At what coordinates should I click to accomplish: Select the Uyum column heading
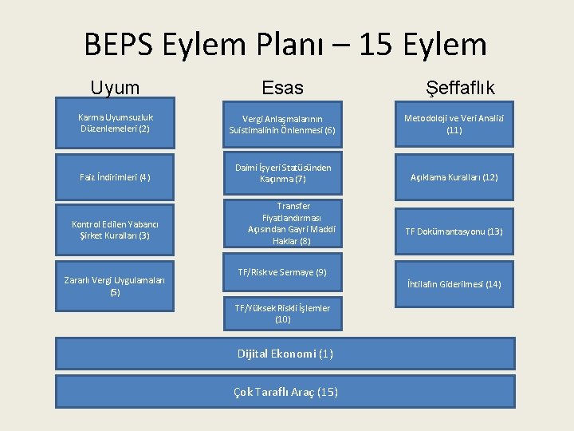[115, 88]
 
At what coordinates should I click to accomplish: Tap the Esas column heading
[283, 88]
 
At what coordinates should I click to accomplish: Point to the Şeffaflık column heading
[461, 88]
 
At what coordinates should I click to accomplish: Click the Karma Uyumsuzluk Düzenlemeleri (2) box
[115, 122]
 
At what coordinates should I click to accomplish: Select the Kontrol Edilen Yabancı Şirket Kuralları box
[115, 230]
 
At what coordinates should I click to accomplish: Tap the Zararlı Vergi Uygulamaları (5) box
[115, 285]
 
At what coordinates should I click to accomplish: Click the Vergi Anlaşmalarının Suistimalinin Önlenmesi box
[282, 124]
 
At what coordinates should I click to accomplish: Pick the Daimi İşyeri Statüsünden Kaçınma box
[282, 173]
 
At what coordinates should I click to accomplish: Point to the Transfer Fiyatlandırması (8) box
[282, 223]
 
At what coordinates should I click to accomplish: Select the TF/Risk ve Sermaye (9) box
[282, 273]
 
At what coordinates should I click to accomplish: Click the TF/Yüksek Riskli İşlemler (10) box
[282, 313]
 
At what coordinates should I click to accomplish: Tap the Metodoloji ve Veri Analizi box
[454, 124]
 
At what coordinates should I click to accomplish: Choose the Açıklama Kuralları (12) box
[454, 176]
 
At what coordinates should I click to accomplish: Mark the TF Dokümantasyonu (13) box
[454, 231]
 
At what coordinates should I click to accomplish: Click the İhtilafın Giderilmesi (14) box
[454, 283]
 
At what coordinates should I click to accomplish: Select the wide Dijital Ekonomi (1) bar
[285, 354]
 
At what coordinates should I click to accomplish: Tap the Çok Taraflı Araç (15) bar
[285, 391]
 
